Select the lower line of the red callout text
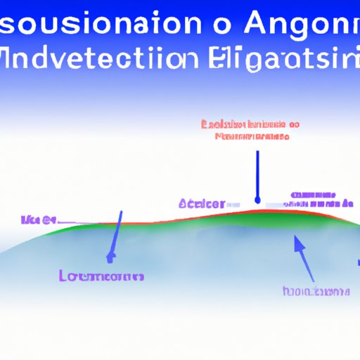[251, 135]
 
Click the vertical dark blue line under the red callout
[258, 172]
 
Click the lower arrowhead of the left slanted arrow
[110, 257]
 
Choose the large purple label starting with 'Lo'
[103, 276]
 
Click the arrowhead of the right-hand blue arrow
[297, 243]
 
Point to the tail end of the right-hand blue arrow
[310, 279]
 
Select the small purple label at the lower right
[315, 290]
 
